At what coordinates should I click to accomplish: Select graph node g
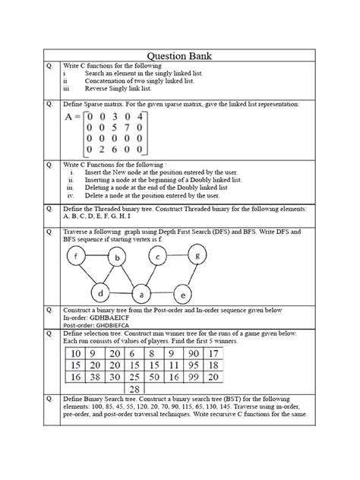point(198,257)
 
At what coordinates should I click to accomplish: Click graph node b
point(118,259)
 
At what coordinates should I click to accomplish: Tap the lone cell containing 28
point(132,388)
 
